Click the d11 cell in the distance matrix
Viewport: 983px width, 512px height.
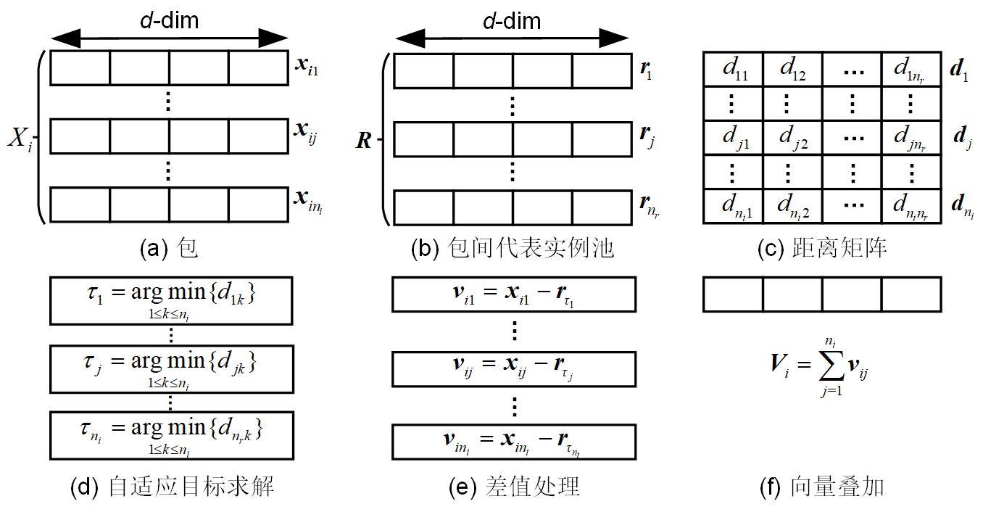click(733, 70)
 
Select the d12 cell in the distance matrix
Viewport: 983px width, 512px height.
click(792, 70)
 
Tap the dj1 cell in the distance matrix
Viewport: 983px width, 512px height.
click(733, 137)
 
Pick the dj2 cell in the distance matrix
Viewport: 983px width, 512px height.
click(792, 137)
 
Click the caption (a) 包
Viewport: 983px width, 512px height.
click(168, 249)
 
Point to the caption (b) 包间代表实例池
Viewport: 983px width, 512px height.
click(512, 249)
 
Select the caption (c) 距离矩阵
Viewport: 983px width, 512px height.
click(822, 249)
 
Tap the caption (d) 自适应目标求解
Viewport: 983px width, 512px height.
click(172, 486)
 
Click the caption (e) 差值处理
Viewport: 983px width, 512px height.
click(514, 486)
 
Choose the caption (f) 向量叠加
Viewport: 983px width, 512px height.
click(822, 486)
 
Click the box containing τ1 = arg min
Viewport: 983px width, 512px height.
click(170, 300)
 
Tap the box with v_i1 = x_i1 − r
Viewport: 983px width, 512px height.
click(514, 294)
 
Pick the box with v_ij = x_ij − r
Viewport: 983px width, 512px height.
click(514, 368)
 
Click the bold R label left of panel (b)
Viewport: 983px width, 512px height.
click(364, 141)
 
